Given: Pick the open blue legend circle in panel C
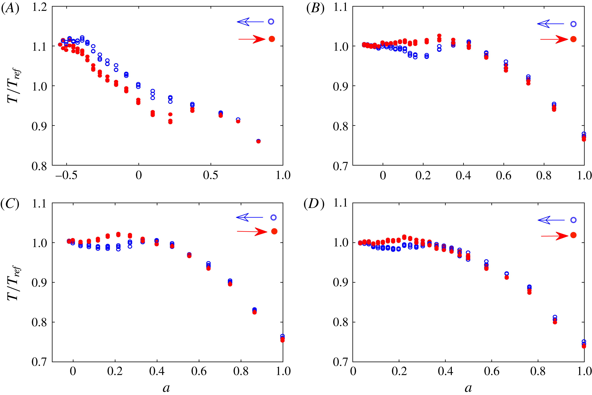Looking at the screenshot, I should [x=273, y=217].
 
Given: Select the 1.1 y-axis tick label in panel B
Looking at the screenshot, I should [x=340, y=7].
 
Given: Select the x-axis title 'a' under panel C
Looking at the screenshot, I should [x=166, y=388].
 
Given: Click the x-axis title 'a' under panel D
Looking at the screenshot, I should [x=468, y=388].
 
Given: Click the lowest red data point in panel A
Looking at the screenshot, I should [x=258, y=141].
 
